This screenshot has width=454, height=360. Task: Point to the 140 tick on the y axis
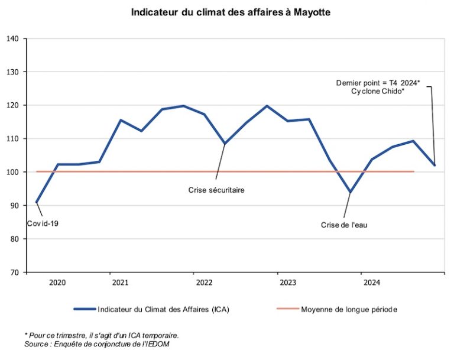(x=13, y=39)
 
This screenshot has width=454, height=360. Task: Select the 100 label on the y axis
(x=13, y=173)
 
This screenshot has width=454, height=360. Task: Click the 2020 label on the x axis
(x=57, y=283)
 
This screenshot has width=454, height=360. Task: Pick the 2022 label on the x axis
(x=204, y=283)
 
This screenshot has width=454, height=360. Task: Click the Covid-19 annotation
(x=43, y=224)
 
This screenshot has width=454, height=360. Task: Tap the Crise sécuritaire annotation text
(x=216, y=190)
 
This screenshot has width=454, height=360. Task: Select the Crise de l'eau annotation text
(x=344, y=225)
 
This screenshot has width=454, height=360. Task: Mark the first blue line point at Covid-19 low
(x=37, y=202)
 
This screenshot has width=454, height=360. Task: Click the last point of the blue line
(x=434, y=165)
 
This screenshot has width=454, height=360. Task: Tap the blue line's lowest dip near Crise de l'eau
(x=351, y=192)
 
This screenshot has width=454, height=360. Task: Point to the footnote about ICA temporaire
(x=102, y=335)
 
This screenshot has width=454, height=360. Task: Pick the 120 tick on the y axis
(x=13, y=106)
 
